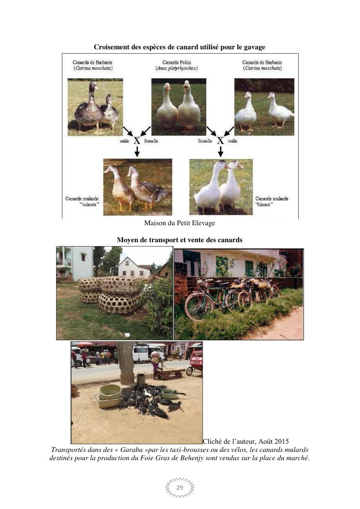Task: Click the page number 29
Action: (179, 487)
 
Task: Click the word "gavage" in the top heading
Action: (254, 47)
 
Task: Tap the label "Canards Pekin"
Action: (176, 62)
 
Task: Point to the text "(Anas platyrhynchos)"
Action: (176, 68)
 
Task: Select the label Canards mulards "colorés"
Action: (83, 201)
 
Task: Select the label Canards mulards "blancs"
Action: (272, 201)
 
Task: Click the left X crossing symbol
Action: (137, 141)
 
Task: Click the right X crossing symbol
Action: (220, 141)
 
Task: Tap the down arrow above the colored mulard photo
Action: (137, 151)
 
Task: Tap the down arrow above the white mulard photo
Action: (220, 151)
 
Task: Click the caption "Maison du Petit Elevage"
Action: (179, 223)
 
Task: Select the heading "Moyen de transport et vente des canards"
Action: (179, 240)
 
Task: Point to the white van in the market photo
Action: (142, 354)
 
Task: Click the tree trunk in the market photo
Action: (126, 363)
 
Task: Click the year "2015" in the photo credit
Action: (281, 441)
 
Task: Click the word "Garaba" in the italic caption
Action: (130, 450)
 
